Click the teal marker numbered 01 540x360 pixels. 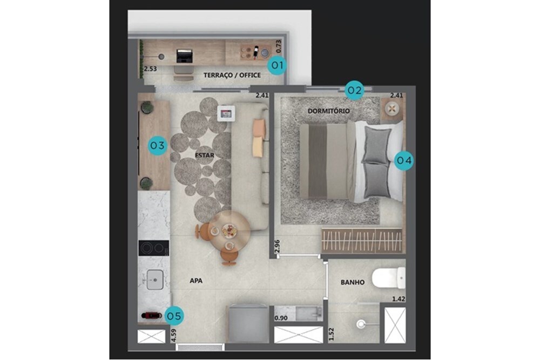click(x=277, y=65)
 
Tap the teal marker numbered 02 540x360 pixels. click(x=354, y=90)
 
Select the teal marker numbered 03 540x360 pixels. click(x=157, y=145)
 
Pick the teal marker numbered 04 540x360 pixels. click(x=403, y=160)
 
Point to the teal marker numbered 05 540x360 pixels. click(x=174, y=316)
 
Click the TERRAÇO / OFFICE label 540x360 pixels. click(x=232, y=75)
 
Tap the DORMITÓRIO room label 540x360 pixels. click(x=328, y=111)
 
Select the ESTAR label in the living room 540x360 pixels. click(x=205, y=155)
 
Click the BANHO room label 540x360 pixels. click(x=353, y=282)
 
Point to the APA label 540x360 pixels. click(x=196, y=281)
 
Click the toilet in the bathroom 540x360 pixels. click(x=388, y=278)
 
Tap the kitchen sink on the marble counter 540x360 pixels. click(x=155, y=280)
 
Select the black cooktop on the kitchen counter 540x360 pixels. click(x=154, y=248)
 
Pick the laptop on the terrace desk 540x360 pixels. click(x=184, y=56)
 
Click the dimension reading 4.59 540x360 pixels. click(x=174, y=335)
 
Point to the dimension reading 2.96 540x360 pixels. click(x=278, y=247)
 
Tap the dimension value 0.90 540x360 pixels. click(x=281, y=318)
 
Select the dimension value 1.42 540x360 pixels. click(x=399, y=299)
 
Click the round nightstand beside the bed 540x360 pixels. click(x=392, y=109)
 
